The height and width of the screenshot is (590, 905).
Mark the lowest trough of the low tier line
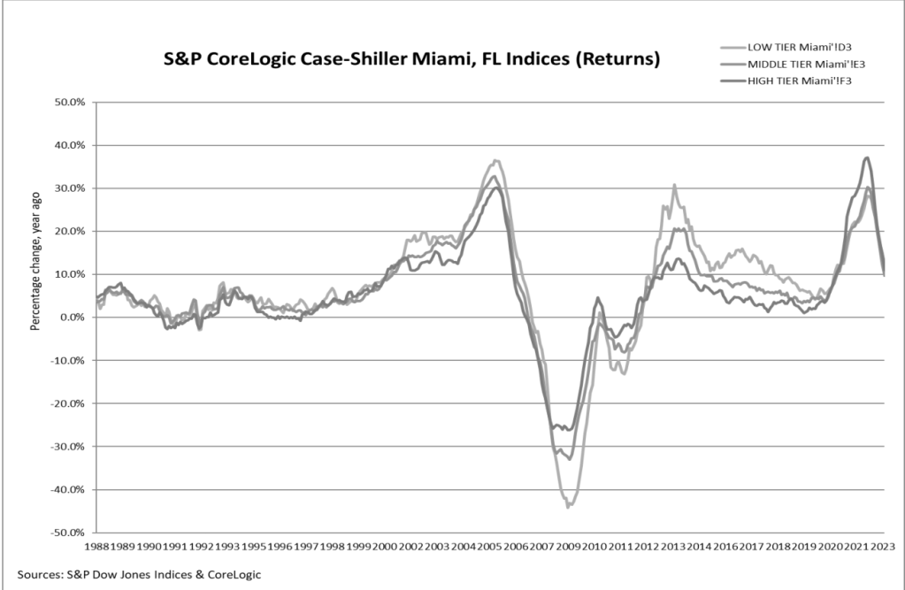point(569,507)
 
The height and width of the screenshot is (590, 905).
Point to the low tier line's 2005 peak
point(496,160)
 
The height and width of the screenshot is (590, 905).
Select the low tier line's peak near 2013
point(674,185)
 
